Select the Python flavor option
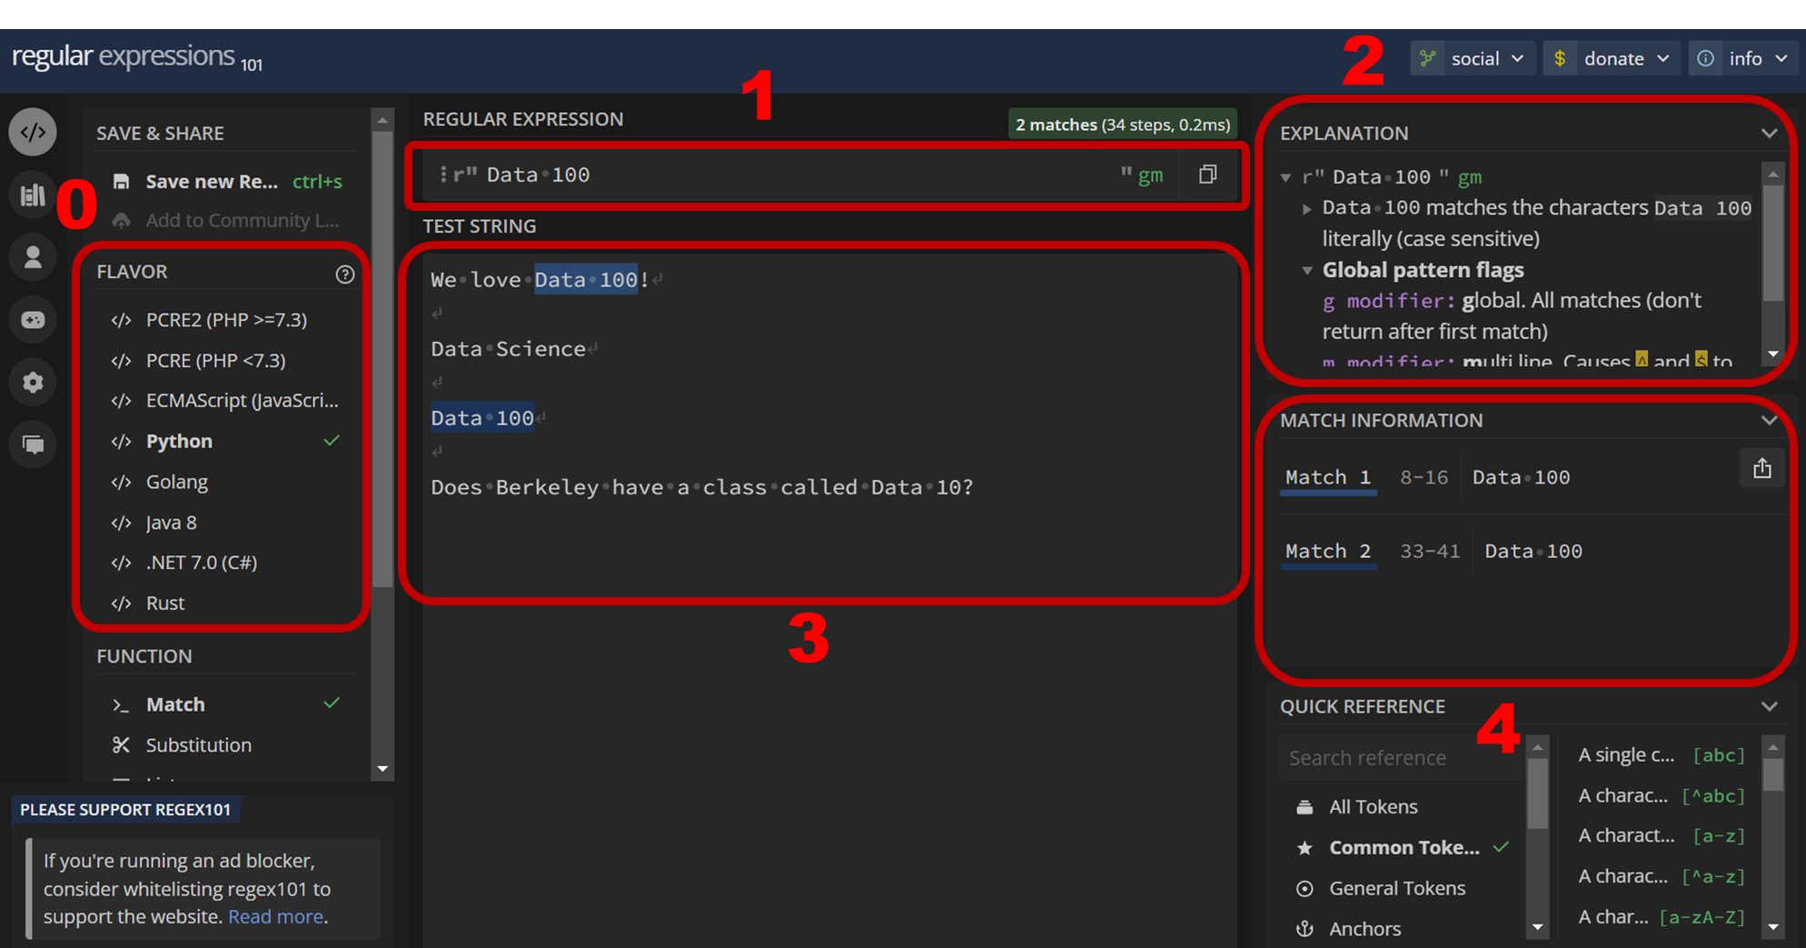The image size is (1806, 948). (179, 442)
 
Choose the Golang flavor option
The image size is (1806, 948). (176, 483)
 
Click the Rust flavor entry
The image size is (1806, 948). (164, 604)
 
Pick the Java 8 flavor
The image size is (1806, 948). (171, 523)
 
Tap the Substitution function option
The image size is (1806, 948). (198, 745)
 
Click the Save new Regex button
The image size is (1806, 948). (211, 182)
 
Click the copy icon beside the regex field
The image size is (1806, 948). (1207, 175)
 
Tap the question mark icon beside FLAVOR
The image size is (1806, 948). (345, 274)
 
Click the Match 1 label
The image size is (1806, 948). (1327, 478)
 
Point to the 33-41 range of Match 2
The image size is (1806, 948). (1429, 552)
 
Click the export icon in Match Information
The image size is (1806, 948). (1761, 469)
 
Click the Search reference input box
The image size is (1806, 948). (1399, 758)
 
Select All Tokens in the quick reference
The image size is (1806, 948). (1373, 807)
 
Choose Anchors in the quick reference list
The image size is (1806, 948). (1364, 929)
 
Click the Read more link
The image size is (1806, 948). (275, 917)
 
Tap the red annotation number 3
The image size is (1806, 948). (808, 638)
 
